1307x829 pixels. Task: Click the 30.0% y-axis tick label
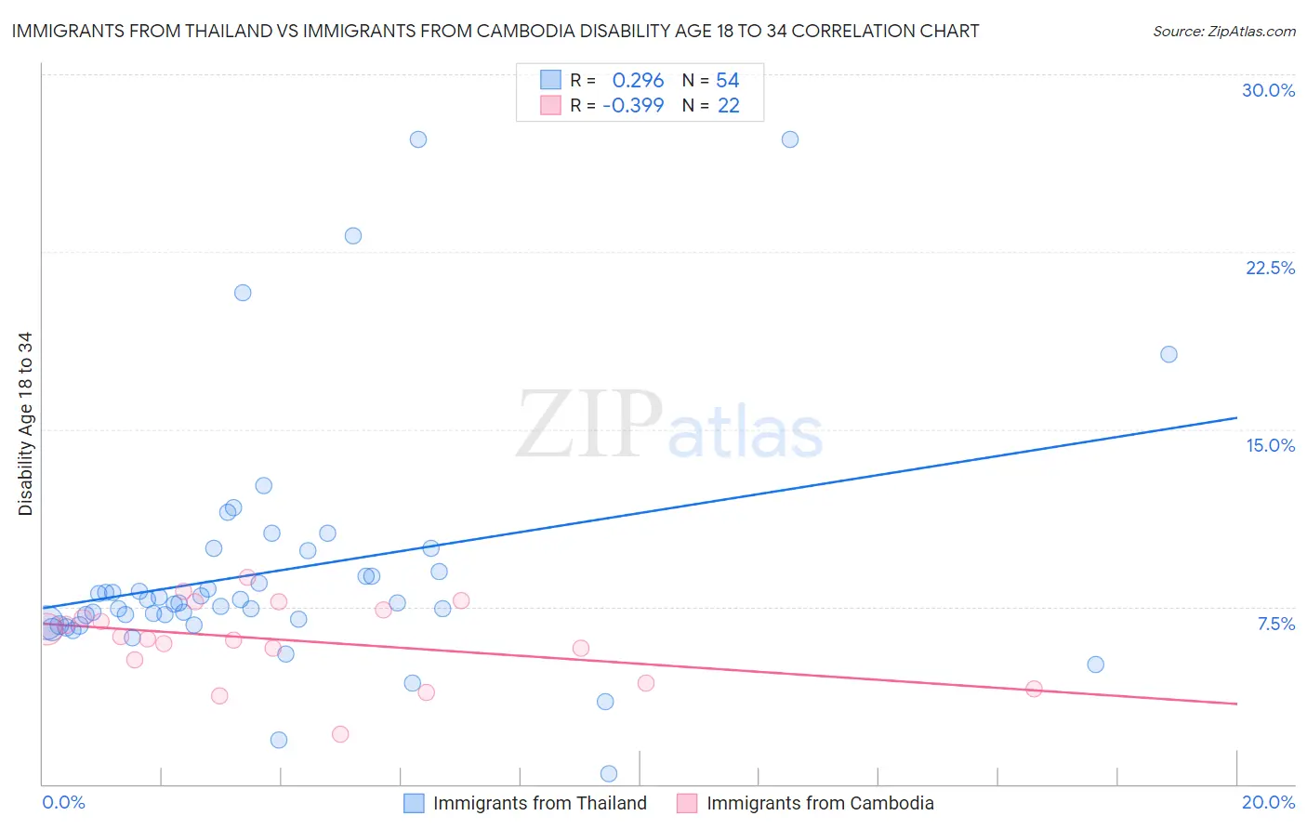click(1268, 90)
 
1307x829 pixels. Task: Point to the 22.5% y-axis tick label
click(1270, 268)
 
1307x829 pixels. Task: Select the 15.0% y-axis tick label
click(1270, 445)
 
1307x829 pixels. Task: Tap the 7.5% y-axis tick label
click(1275, 624)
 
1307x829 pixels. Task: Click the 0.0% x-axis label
click(63, 802)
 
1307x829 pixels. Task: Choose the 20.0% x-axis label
click(1268, 802)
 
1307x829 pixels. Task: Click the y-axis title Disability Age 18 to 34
click(25, 424)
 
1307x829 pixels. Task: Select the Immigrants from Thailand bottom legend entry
click(539, 803)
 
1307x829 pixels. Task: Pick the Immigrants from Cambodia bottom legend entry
click(820, 803)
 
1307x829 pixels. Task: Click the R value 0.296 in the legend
click(638, 81)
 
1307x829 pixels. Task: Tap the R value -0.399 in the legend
click(633, 106)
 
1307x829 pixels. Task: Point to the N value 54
click(727, 81)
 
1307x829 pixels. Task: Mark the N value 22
click(728, 106)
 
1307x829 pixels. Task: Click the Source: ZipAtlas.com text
click(1223, 32)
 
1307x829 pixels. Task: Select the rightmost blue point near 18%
click(1168, 354)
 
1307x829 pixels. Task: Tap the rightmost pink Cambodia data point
click(1034, 689)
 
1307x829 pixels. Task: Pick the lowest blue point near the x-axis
click(609, 773)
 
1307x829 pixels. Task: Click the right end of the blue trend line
click(1236, 418)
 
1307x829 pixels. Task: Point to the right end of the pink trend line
click(1236, 704)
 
